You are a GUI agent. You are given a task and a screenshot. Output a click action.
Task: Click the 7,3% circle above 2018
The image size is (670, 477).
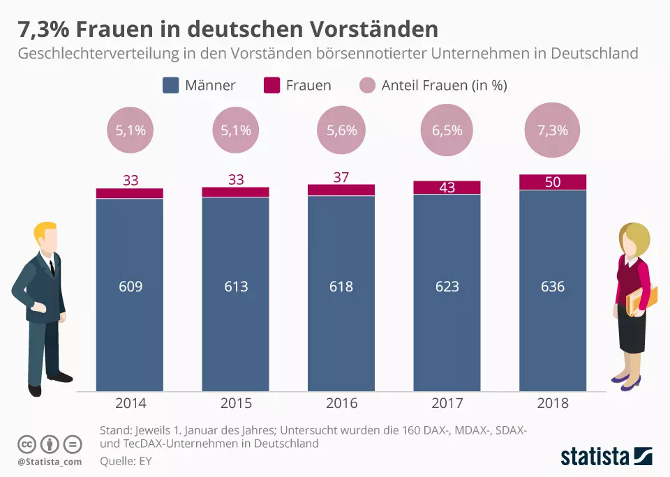pos(553,130)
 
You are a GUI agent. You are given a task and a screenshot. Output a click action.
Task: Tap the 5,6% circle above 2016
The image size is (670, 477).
pos(341,130)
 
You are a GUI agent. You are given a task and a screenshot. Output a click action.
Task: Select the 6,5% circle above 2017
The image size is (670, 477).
pos(447,130)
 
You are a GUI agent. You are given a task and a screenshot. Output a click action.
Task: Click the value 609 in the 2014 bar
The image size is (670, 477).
pos(130,287)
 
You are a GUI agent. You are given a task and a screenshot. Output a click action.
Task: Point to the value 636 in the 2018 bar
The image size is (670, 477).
pos(553,287)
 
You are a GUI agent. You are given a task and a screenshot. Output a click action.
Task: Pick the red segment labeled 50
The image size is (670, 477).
pos(553,182)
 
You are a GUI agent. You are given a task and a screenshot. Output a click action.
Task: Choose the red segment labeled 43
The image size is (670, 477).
pos(447,188)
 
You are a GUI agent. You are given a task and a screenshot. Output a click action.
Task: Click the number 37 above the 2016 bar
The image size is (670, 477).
pos(341,177)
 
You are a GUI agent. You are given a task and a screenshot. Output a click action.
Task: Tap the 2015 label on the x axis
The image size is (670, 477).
pos(236,403)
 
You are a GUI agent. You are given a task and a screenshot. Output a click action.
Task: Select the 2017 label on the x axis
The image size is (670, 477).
pos(447,403)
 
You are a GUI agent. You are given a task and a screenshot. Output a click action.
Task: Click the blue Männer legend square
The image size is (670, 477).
pos(171,86)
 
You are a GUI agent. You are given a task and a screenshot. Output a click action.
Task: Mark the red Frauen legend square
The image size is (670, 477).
pos(271,86)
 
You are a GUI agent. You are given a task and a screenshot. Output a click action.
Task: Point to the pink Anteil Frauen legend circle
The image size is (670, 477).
pos(367,86)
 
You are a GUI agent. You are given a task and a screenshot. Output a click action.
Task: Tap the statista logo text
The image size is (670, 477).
pos(595,457)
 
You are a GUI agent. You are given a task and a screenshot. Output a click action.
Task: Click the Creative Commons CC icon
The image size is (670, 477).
pos(27,444)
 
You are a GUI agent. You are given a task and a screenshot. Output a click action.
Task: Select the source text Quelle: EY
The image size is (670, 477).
pos(126,460)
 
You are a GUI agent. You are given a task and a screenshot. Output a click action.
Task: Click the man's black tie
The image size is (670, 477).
pos(52,266)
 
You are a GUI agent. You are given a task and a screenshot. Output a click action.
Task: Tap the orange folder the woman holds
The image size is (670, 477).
pos(641,300)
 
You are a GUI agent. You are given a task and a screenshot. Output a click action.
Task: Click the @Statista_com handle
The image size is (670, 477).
pos(50,462)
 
